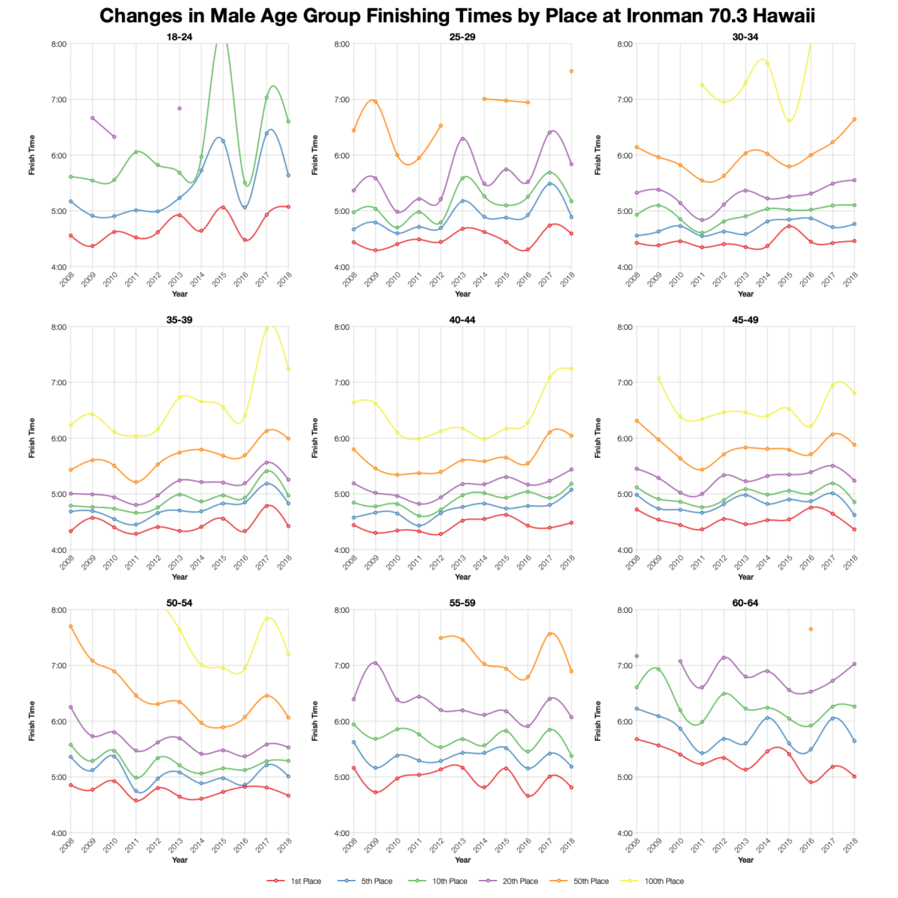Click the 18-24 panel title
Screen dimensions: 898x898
pos(180,36)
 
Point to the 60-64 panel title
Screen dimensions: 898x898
pos(745,602)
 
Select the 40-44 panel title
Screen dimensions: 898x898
pos(462,320)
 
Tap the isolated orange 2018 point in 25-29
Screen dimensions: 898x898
pos(571,71)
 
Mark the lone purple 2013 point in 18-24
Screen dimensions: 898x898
pos(180,109)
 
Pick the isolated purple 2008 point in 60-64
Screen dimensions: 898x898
pos(637,656)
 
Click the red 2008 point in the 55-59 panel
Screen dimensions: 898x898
pos(354,768)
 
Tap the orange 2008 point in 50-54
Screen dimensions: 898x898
pos(71,626)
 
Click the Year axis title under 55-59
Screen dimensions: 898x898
pos(462,860)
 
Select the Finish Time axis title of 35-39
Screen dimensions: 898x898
pos(32,438)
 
